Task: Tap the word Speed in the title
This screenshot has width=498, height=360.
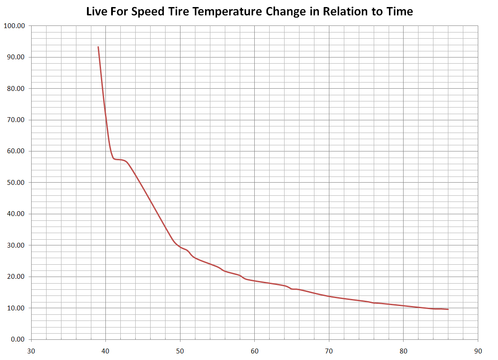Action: (148, 11)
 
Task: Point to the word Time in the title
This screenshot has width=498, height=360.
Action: (399, 11)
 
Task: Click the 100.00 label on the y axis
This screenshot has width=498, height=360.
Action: (14, 25)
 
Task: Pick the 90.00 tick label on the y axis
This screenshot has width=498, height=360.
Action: (16, 57)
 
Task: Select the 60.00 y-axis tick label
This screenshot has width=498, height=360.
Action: (16, 151)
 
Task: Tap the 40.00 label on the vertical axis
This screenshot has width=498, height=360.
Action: (16, 214)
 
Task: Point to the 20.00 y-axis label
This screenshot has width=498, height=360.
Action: (16, 277)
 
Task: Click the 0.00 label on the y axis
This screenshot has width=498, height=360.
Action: (18, 339)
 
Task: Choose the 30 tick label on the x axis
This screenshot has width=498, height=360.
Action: (31, 351)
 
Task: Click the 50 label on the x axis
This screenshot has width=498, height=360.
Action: (180, 351)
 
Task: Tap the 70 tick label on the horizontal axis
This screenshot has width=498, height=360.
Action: (329, 351)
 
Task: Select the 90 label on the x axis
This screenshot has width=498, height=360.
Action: (478, 351)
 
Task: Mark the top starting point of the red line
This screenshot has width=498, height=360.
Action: (98, 47)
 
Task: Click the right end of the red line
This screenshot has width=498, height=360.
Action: (448, 309)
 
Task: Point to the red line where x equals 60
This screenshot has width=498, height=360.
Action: (255, 281)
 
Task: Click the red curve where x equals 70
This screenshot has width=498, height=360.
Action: (329, 296)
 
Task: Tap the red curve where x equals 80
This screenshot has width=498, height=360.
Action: (404, 306)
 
